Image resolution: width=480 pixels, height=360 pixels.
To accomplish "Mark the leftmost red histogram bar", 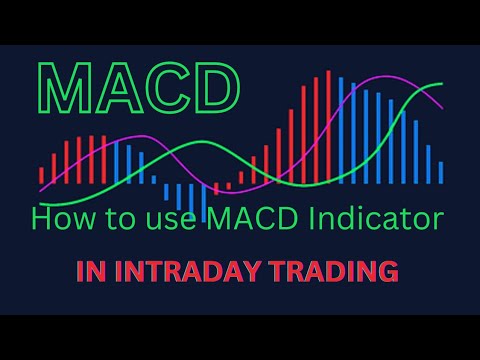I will (x=41, y=176).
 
